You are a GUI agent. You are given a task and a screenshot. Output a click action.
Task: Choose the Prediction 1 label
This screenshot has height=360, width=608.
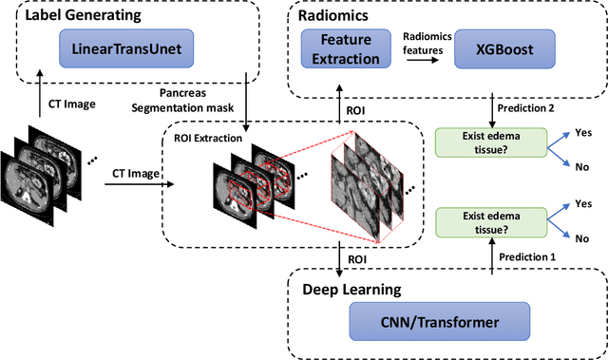[x=527, y=256]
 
